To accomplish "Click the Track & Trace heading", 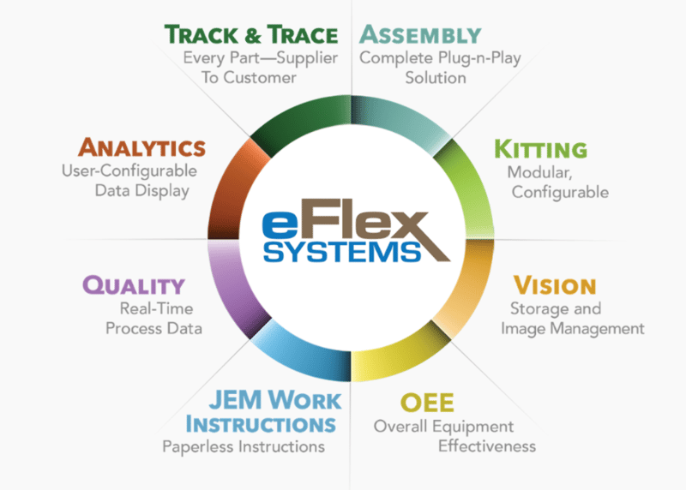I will (x=252, y=35).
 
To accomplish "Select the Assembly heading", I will (x=420, y=35).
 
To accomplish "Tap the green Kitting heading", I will (x=540, y=147).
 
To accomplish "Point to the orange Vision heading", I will (x=554, y=285).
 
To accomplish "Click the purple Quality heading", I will (x=133, y=285).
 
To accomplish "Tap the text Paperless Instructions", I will (x=243, y=446).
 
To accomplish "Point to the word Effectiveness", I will (x=486, y=446).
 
